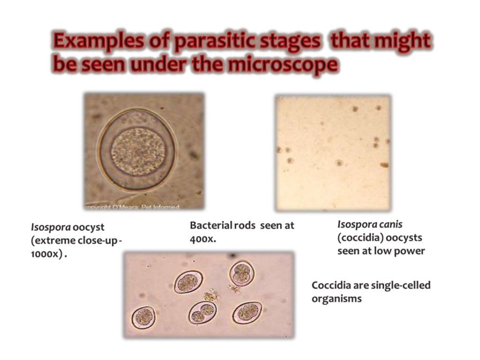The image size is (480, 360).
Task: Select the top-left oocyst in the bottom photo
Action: click(x=188, y=282)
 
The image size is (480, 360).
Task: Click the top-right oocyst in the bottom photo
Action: click(x=241, y=273)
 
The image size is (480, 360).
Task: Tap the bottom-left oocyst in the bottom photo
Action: click(x=143, y=317)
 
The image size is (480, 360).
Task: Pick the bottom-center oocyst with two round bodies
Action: click(x=202, y=313)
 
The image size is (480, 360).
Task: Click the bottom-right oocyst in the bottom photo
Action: click(x=247, y=312)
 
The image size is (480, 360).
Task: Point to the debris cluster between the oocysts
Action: click(x=212, y=295)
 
